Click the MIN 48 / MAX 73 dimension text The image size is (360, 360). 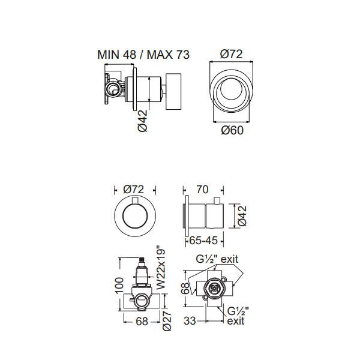point(143,55)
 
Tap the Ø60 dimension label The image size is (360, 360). point(232,130)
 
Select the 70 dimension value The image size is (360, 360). point(202,190)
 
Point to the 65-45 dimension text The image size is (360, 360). point(203,241)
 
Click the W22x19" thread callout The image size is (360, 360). point(160,268)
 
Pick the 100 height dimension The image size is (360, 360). point(119,286)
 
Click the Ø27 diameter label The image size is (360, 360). point(167,320)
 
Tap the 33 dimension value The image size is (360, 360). point(190,321)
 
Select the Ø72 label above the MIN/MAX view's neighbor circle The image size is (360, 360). point(231,54)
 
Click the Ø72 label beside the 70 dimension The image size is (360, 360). point(133,190)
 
